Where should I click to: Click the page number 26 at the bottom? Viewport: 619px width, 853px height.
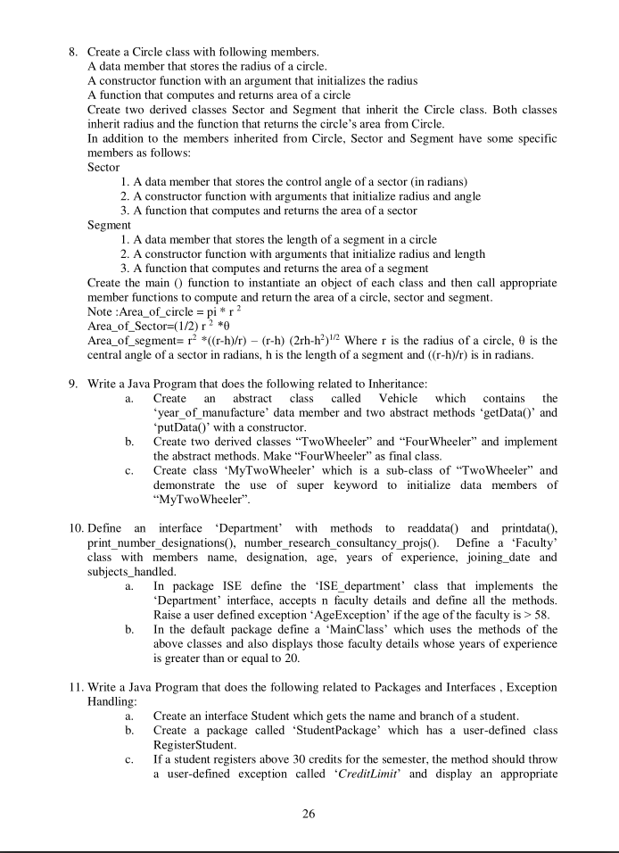pos(309,813)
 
